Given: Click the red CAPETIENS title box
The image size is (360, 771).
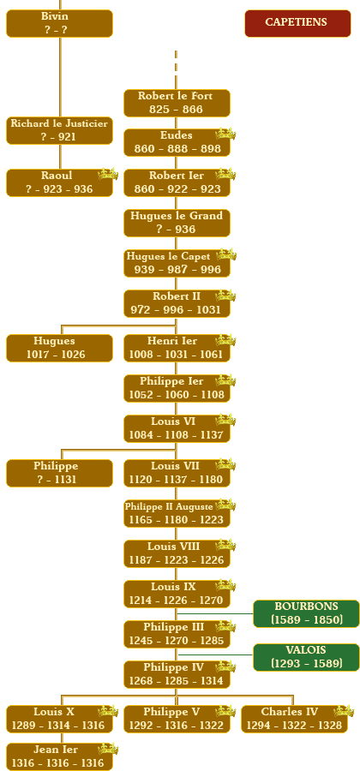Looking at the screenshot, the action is [x=297, y=23].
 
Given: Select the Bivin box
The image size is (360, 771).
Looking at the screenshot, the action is [x=59, y=23].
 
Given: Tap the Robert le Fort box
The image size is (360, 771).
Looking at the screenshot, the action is [x=177, y=103].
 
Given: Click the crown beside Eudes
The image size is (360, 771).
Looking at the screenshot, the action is [x=225, y=134].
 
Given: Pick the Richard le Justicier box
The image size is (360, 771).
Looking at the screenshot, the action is [x=59, y=130].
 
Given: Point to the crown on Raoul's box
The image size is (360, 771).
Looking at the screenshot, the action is [x=108, y=174].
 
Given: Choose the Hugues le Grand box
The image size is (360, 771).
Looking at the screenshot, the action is [x=177, y=223].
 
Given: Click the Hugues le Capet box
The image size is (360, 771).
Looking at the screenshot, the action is [x=177, y=263].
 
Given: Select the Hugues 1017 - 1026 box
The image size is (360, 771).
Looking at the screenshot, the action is [x=59, y=348].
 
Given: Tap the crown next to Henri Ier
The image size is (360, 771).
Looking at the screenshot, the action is [x=225, y=340].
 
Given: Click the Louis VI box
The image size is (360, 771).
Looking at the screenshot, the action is [x=177, y=428].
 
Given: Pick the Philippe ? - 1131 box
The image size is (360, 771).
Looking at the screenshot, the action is [x=59, y=473].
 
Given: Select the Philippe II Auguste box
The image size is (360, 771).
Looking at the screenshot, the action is [x=177, y=513].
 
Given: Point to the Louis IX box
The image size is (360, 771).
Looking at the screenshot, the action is [x=177, y=594].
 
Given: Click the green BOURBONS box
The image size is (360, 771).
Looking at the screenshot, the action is [x=306, y=613].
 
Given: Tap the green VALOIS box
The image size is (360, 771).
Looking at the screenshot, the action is [x=306, y=657].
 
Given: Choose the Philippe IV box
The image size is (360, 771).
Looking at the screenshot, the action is [x=177, y=674].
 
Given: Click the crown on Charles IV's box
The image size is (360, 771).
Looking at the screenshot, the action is [x=344, y=711].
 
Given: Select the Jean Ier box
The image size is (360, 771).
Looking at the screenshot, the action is [x=59, y=756].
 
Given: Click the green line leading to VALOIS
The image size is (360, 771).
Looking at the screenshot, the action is [x=215, y=655].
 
